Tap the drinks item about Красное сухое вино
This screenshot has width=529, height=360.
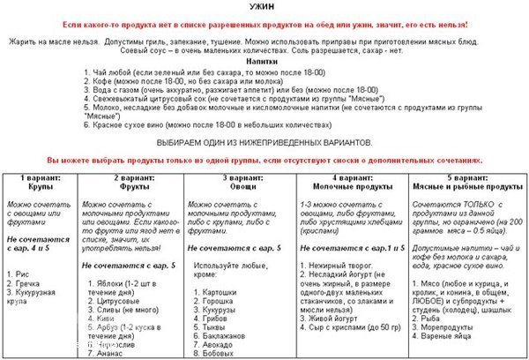(207, 126)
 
